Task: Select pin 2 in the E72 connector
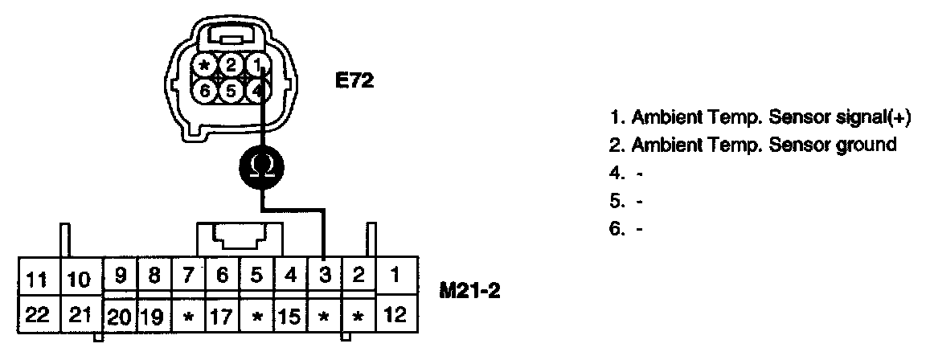click(231, 65)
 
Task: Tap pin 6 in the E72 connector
click(206, 91)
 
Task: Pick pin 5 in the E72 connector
click(231, 91)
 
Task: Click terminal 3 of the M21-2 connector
click(324, 276)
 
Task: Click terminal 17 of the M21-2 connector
click(222, 315)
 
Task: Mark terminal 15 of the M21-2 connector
click(290, 315)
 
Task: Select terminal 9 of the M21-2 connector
click(120, 276)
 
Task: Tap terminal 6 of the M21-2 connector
click(222, 276)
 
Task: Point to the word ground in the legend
click(869, 145)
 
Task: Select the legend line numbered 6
click(627, 228)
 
